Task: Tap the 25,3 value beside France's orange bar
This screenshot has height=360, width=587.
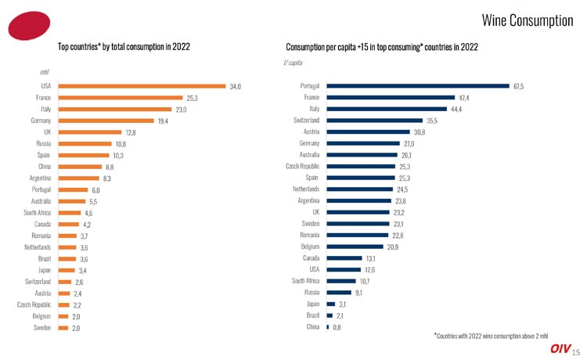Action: (x=192, y=98)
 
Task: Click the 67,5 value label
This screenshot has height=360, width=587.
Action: (x=518, y=85)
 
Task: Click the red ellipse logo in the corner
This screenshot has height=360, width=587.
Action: (x=29, y=27)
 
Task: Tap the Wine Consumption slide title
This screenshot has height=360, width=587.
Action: (x=528, y=20)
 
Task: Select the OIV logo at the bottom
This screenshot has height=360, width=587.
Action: (x=560, y=349)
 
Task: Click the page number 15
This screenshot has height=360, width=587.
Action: (x=576, y=352)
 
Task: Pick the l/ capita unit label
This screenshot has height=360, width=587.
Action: (x=292, y=62)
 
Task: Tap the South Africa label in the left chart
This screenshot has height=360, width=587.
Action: (x=38, y=212)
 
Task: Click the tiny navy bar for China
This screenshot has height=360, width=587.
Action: (x=327, y=326)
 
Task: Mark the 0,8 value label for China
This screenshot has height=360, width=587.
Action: (x=337, y=326)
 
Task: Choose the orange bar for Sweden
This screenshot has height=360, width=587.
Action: (x=63, y=327)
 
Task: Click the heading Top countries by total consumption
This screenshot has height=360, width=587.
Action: (x=124, y=47)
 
